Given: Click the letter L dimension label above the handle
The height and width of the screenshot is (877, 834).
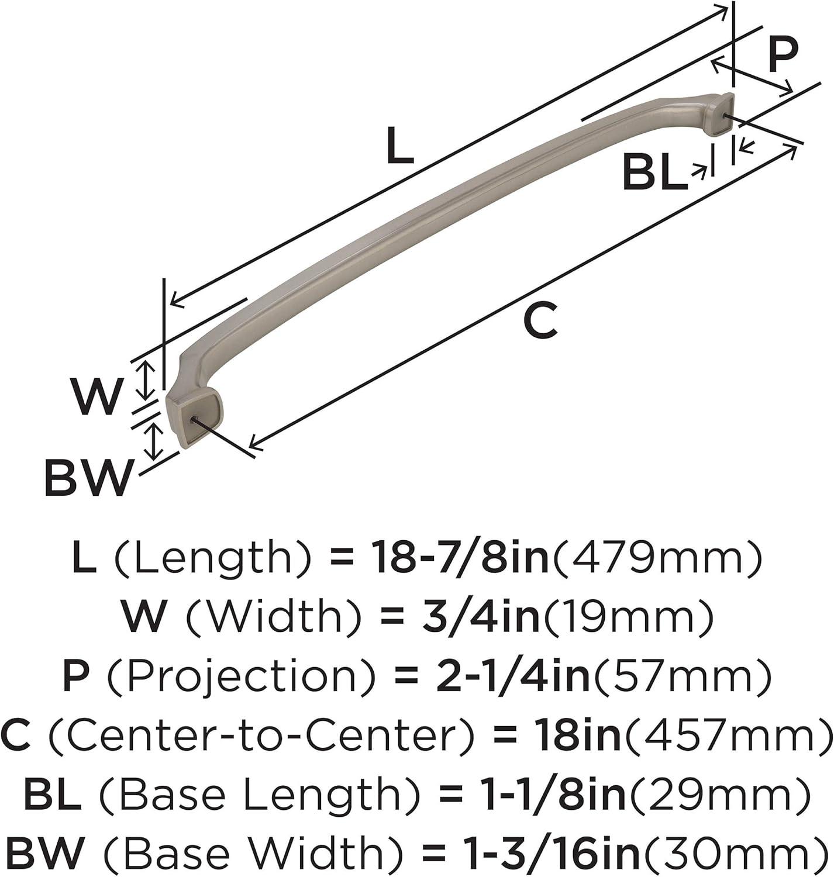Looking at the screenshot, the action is pos(401,144).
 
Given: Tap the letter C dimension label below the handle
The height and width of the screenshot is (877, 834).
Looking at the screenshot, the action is pos(540,319).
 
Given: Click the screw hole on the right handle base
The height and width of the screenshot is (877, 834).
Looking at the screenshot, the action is pos(725,117).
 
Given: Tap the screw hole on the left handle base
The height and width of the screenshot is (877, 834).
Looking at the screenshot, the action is pos(193,419).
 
